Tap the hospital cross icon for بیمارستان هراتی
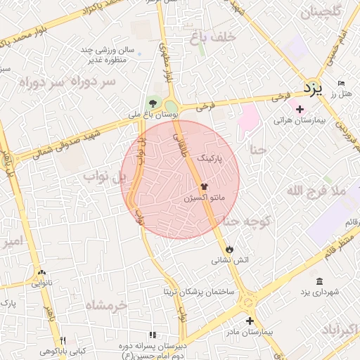300,109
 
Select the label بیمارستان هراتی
301,121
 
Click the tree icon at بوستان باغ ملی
153,103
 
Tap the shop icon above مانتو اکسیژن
204,186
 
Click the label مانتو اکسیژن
204,199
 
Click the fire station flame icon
230,249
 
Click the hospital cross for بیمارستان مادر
249,321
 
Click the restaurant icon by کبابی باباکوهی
63,340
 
